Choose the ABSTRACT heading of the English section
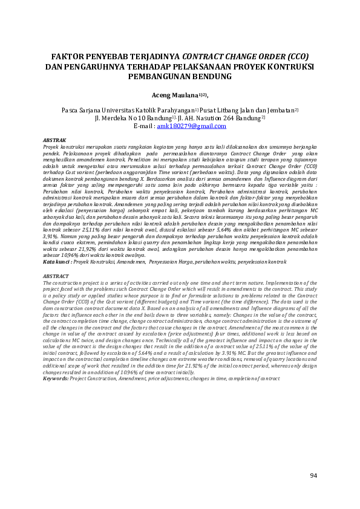[x=56, y=276]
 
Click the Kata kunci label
[x=57, y=262]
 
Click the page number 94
[x=313, y=476]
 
